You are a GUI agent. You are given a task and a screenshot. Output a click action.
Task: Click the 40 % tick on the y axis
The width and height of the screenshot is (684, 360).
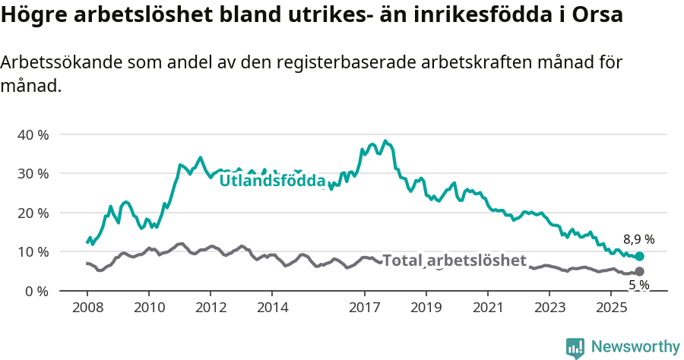pyautogui.click(x=33, y=134)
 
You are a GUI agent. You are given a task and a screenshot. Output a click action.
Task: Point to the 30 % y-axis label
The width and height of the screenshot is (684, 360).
pyautogui.click(x=33, y=173)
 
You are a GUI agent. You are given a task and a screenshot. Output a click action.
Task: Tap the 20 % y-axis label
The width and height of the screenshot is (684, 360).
pyautogui.click(x=33, y=213)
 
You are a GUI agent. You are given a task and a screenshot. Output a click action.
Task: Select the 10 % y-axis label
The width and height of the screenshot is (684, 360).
pyautogui.click(x=33, y=251)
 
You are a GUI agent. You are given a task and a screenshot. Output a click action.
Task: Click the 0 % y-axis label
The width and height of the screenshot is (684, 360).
pyautogui.click(x=36, y=291)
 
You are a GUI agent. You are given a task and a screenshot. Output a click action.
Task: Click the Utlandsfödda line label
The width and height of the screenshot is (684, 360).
pyautogui.click(x=272, y=181)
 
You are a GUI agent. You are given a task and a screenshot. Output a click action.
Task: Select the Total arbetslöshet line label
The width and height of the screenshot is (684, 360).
pyautogui.click(x=454, y=261)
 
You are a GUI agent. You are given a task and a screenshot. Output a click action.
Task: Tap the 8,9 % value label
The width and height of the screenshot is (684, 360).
pyautogui.click(x=638, y=239)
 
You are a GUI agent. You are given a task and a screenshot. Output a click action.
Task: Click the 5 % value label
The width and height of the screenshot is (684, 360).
pyautogui.click(x=638, y=285)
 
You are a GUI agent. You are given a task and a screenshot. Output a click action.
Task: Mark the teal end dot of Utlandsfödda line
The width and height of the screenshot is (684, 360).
pyautogui.click(x=639, y=257)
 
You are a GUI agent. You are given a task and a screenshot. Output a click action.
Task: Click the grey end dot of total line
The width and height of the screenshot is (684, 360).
pyautogui.click(x=639, y=271)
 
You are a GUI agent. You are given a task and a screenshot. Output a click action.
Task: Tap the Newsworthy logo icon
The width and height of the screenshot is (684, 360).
pyautogui.click(x=575, y=348)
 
